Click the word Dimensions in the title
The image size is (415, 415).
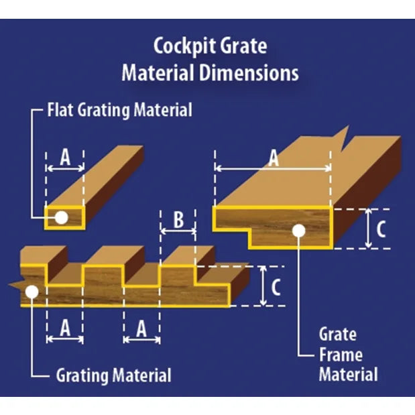(249, 73)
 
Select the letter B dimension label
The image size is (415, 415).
(178, 219)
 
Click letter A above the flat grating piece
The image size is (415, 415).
(65, 157)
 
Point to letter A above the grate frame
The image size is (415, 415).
(274, 158)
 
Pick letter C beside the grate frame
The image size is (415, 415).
(381, 229)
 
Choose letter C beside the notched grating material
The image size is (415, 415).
(276, 287)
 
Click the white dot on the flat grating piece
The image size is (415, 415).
(62, 218)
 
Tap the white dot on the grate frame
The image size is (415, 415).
(299, 231)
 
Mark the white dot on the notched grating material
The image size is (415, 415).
(32, 292)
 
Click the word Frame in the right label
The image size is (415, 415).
(341, 355)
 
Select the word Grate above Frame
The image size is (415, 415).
(338, 335)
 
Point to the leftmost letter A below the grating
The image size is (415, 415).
(65, 328)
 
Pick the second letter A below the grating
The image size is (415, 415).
(141, 329)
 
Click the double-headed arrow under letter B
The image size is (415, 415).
(178, 231)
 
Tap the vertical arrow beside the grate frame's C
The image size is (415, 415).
(369, 229)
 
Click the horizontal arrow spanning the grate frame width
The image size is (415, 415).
(273, 168)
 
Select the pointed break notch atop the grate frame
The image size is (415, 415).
(344, 139)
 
